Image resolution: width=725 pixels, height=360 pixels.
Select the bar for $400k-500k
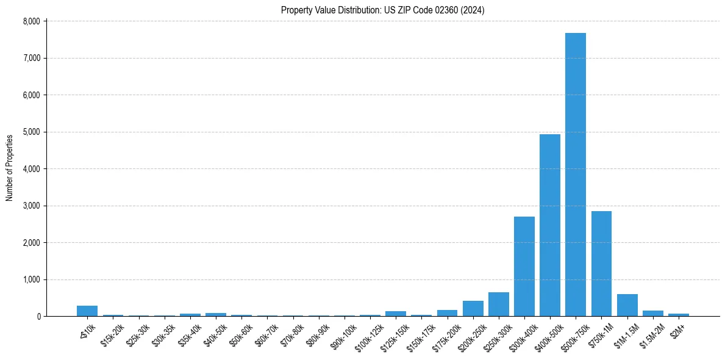point(549,225)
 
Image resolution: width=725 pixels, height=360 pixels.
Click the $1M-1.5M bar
point(627,305)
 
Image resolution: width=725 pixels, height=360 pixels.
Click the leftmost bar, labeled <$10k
point(87,311)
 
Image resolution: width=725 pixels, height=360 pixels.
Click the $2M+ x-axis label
point(677,328)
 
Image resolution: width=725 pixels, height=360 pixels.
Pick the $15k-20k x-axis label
point(111,333)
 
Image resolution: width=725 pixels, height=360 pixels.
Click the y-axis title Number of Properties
point(9,168)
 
